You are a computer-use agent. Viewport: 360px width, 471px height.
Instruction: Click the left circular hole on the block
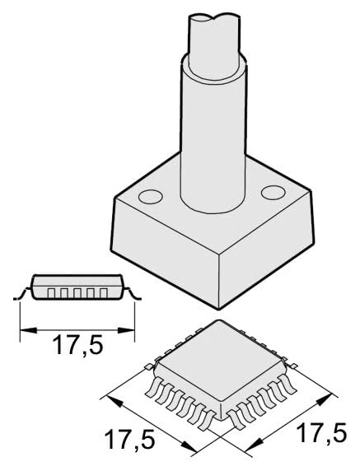tap(150, 197)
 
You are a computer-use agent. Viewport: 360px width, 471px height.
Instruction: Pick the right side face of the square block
tap(272, 247)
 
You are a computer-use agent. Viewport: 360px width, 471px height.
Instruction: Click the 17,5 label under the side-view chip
tap(77, 344)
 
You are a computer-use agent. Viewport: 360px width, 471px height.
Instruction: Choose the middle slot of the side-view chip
tap(79, 292)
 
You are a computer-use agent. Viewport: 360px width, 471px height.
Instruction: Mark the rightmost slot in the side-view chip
tap(105, 292)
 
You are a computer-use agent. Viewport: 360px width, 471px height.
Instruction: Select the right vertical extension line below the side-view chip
tap(135, 317)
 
